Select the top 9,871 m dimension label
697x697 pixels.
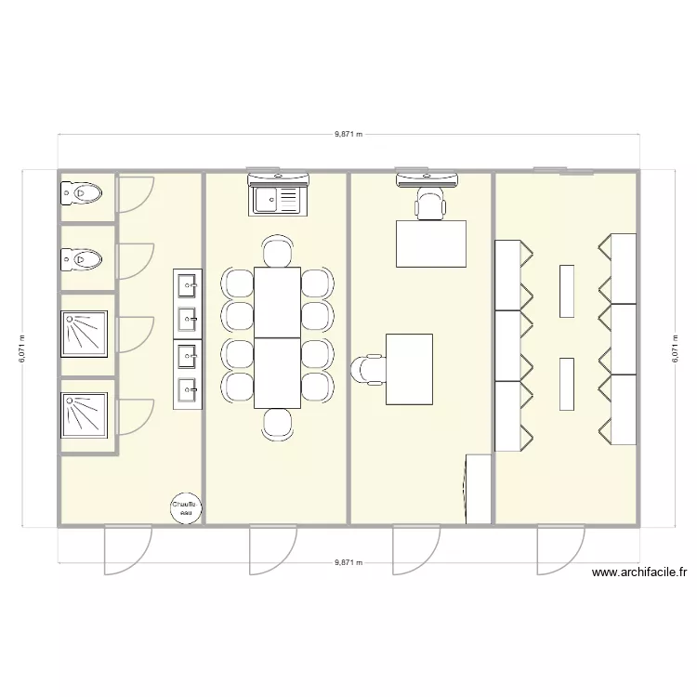(348, 134)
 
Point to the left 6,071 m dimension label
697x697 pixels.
(21, 349)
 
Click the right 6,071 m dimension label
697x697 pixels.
(675, 349)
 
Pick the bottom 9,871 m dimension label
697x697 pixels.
(348, 563)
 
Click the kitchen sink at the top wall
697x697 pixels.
(276, 198)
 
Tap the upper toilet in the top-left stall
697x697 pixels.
(81, 193)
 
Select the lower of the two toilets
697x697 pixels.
(81, 257)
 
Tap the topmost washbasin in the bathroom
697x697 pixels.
(188, 283)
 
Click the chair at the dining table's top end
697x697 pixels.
(277, 251)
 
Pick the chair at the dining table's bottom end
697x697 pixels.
(277, 424)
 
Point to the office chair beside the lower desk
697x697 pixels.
(366, 369)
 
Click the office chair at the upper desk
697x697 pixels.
(429, 204)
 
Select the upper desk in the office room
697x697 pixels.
(431, 243)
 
